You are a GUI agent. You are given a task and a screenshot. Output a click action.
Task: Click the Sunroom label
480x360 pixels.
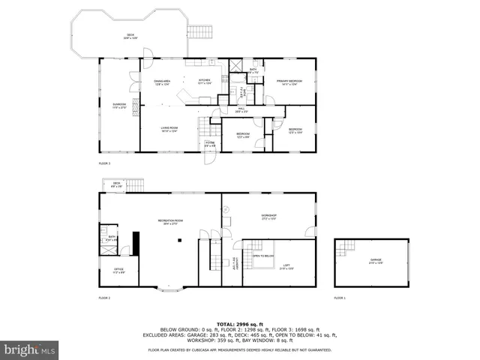119,106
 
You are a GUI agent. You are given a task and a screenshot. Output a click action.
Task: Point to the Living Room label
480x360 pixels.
168,129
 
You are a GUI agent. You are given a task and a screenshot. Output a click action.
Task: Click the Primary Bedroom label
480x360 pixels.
289,82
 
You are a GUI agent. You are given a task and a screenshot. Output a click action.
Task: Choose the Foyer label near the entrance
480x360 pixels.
210,144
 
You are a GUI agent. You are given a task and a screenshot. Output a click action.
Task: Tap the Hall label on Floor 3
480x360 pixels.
242,109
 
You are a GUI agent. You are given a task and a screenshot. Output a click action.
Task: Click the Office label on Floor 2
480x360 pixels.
118,271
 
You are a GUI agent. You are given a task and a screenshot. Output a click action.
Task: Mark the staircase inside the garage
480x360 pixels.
347,248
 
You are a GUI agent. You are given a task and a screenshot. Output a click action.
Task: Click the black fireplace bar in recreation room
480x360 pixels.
136,243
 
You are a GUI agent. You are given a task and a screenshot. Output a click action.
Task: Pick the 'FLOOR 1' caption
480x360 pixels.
340,298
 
